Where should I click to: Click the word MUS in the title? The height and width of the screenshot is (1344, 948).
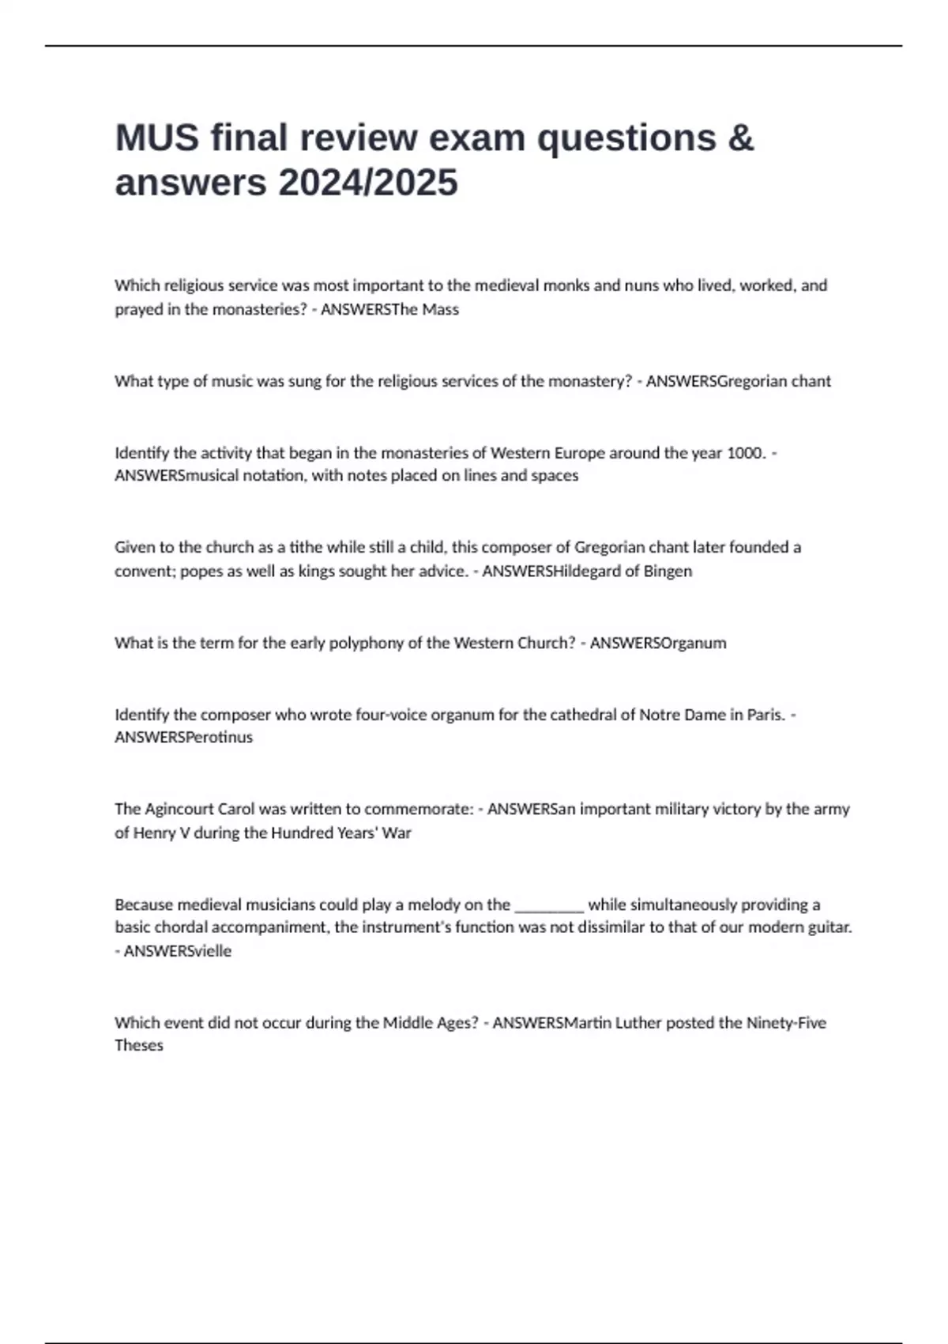point(157,138)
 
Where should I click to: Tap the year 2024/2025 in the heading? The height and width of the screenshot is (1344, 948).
point(367,183)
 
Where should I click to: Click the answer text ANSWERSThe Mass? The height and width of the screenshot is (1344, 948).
point(389,309)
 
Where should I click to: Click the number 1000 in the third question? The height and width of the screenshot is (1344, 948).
point(744,453)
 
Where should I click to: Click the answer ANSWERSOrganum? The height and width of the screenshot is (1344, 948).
point(658,643)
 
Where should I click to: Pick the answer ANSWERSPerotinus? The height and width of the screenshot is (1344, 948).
point(183,737)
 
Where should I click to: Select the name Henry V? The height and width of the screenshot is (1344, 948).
point(161,832)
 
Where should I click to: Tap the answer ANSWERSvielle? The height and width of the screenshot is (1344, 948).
point(178,951)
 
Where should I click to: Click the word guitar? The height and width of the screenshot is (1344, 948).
point(830,927)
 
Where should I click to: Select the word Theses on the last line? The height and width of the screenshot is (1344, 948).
point(139,1045)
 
